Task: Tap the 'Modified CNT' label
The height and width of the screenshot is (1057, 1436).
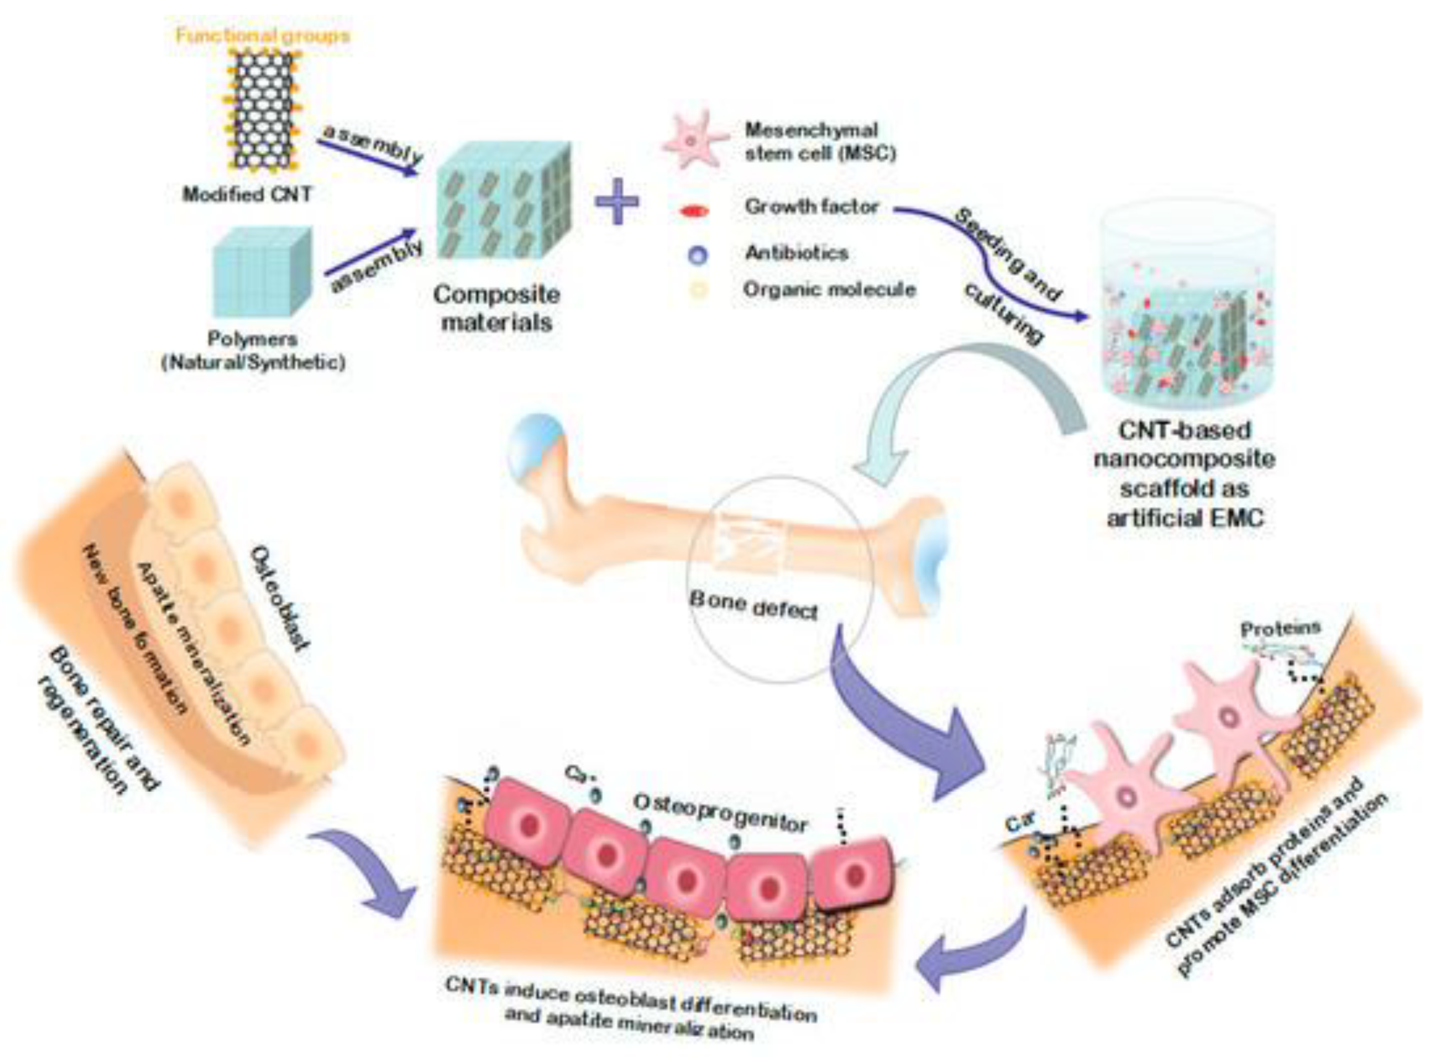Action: [x=247, y=194]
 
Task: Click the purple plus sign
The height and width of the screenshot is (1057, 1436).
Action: [x=616, y=200]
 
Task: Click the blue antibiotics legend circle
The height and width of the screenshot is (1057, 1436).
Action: [x=698, y=254]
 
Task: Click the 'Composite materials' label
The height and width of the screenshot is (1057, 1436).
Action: [x=496, y=308]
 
